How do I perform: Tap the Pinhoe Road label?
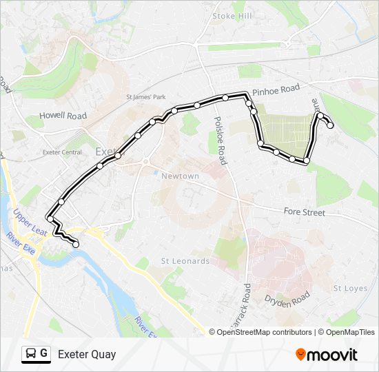(276, 90)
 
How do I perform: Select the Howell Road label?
(63, 116)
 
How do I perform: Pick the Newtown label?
(180, 176)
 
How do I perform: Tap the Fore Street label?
(304, 213)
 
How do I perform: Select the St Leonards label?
(185, 261)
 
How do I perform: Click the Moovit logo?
(327, 355)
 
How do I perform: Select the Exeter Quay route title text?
(87, 355)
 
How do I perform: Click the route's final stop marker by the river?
(76, 244)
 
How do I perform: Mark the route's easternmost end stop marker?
(331, 125)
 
